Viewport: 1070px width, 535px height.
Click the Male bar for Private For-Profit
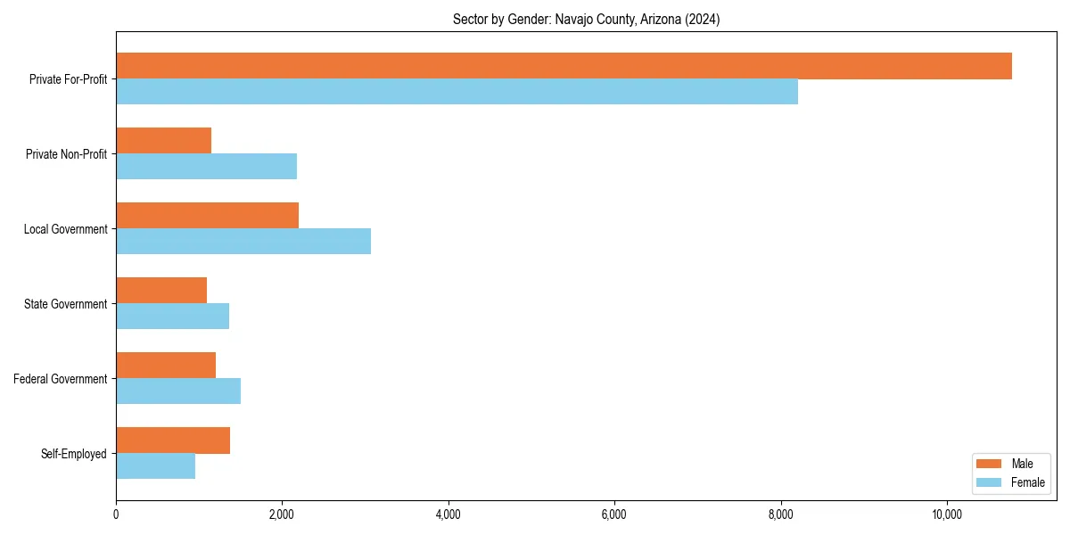[564, 66]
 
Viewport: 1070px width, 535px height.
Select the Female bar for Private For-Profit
[457, 92]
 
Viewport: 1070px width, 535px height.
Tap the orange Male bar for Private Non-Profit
[163, 141]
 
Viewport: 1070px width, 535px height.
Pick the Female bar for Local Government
[243, 242]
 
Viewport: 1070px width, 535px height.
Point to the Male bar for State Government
[161, 291]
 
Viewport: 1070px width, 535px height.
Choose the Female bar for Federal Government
[178, 391]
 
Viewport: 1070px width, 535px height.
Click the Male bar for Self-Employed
[173, 440]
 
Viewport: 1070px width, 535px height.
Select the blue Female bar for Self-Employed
[155, 466]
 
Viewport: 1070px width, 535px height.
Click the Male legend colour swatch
[989, 464]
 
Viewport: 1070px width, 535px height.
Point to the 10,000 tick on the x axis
[946, 514]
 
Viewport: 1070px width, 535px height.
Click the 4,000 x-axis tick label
[449, 514]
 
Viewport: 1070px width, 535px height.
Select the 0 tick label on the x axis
[116, 514]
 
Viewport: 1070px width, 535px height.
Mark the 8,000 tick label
[780, 514]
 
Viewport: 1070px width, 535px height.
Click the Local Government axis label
[65, 229]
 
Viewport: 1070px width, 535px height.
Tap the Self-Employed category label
[73, 454]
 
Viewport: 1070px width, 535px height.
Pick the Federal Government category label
[61, 379]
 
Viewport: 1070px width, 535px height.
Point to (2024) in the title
[703, 19]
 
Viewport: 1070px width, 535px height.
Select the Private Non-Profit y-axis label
[66, 154]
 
